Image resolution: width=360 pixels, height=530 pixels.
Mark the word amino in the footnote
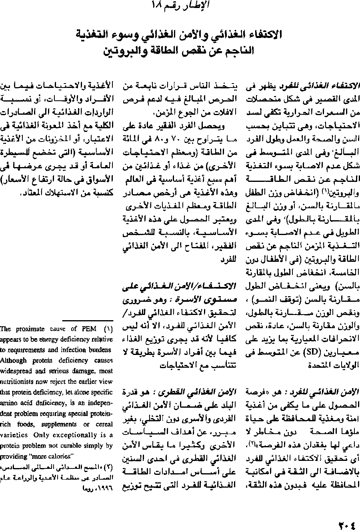point(8,402)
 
